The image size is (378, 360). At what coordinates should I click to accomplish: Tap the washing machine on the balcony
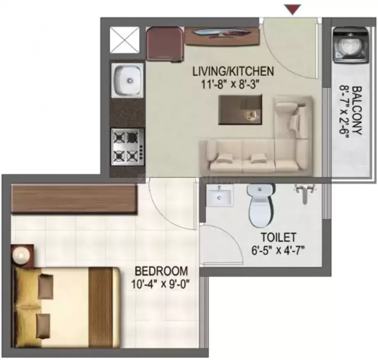click(350, 46)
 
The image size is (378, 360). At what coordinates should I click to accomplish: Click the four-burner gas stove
click(128, 147)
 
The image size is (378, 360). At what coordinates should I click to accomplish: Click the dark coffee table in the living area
click(240, 110)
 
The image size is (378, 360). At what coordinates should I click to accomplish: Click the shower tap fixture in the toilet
click(305, 191)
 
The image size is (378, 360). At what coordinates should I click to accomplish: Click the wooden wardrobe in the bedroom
click(74, 199)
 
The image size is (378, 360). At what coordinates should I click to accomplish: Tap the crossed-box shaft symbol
click(124, 40)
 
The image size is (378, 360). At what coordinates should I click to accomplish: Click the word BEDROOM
click(161, 271)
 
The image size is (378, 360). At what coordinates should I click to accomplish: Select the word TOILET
click(278, 237)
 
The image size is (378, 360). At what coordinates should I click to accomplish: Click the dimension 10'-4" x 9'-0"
click(160, 284)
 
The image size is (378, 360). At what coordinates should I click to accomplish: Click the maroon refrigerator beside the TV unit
click(165, 44)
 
